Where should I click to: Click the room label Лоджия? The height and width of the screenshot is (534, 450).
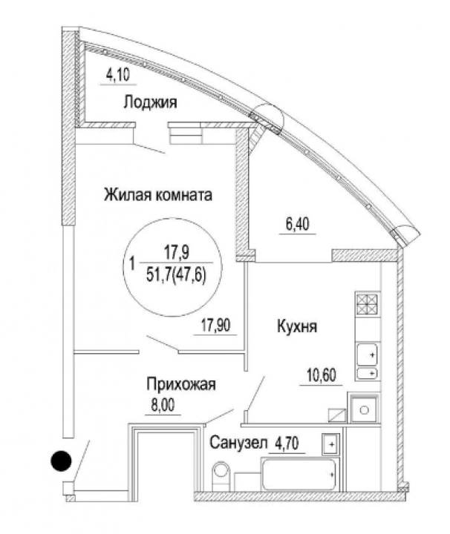150,102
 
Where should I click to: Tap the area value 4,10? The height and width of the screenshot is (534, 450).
118,75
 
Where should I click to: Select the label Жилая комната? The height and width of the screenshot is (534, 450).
158,195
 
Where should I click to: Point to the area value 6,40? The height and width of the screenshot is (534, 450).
298,225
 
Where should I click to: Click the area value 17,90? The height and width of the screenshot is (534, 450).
215,326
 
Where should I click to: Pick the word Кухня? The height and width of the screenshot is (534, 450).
297,326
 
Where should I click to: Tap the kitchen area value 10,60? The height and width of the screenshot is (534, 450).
322,375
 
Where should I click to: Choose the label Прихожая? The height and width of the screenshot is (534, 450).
181,384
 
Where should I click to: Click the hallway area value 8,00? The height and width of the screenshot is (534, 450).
163,406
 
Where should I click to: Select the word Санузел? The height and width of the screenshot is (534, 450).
238,443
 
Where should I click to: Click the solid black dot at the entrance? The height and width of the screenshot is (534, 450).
61,461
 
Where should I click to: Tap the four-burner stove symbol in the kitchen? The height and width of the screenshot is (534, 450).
368,304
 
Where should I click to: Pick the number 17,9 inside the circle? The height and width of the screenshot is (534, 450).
177,253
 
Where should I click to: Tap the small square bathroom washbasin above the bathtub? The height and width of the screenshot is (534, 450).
330,444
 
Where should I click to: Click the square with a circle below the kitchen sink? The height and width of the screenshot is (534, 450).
365,410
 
